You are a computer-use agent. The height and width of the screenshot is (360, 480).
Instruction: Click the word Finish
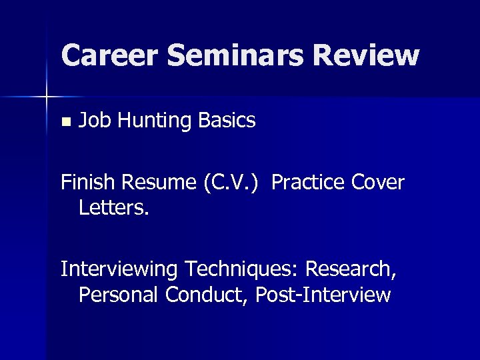(87, 182)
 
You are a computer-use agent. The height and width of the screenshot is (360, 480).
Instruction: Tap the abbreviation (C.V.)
(234, 182)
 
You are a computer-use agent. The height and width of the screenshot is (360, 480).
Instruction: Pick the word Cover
(379, 182)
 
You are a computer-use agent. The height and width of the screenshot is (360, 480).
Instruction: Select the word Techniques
(242, 269)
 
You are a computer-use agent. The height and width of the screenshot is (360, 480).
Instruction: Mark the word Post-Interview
(325, 294)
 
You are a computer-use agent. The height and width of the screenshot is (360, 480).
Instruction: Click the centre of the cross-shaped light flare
(46, 97)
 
